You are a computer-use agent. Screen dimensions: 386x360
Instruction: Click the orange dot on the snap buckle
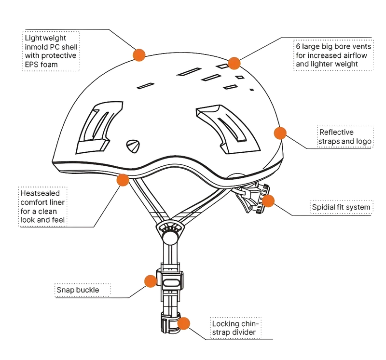151,281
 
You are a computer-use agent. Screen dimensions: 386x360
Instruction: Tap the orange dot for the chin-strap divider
183,323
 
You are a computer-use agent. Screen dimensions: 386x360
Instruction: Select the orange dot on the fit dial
268,201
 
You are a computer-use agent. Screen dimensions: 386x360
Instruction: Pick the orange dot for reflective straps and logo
280,133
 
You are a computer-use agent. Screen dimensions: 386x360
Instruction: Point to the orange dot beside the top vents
234,63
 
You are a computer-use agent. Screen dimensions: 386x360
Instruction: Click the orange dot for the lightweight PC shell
139,55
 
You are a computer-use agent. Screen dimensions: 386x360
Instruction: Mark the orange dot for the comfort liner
123,180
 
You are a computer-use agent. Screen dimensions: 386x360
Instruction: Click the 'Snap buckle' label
78,290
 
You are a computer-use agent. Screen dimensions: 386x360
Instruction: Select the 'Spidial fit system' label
341,207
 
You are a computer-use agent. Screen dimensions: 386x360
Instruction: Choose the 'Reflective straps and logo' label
345,137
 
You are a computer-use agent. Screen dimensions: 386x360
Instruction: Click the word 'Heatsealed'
40,193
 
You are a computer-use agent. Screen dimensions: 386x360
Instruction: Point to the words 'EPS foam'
41,65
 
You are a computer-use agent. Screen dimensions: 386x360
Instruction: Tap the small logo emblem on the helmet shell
133,146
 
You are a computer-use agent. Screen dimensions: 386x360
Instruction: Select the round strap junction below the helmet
169,234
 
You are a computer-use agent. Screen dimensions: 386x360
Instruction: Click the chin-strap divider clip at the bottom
170,322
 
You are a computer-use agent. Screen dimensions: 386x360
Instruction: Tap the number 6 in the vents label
298,46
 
